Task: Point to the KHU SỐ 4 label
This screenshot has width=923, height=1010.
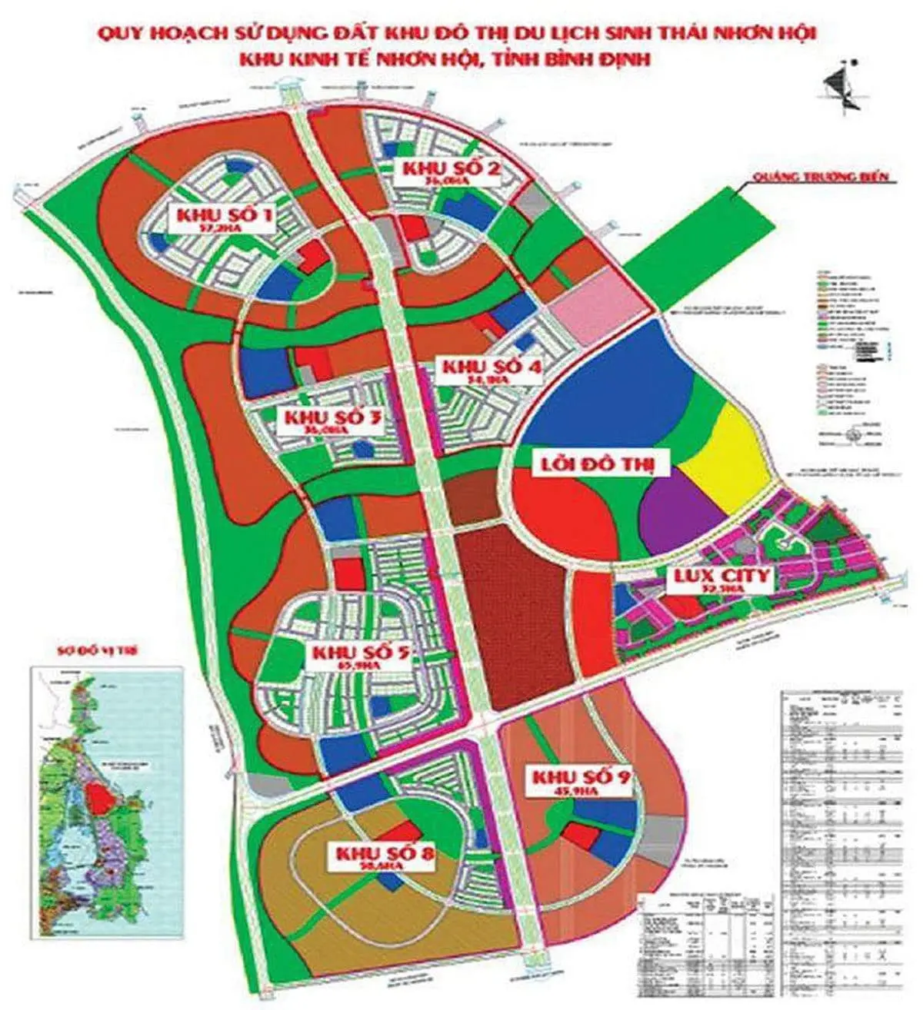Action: tap(491, 370)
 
